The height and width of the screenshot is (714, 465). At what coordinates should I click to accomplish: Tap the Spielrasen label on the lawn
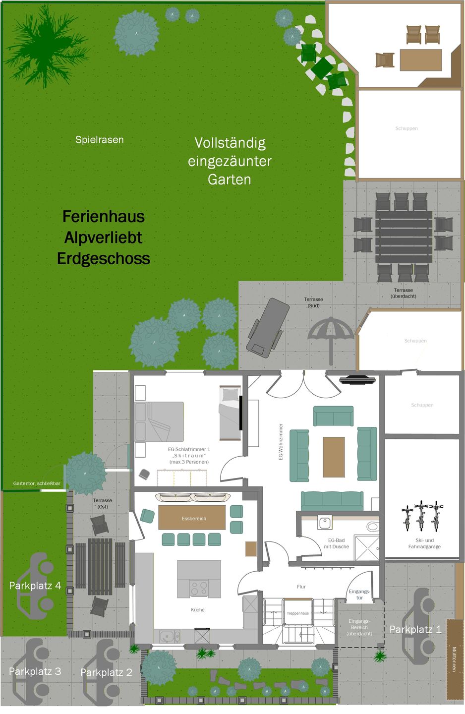[100, 140]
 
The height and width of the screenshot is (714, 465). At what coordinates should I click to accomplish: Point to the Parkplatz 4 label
[35, 586]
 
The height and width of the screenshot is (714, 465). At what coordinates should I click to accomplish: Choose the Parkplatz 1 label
[415, 629]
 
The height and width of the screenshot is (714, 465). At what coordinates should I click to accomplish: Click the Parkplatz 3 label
[35, 671]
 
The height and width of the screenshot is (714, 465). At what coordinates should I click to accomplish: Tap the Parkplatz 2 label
[106, 672]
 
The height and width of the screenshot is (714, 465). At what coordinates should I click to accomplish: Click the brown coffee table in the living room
[334, 457]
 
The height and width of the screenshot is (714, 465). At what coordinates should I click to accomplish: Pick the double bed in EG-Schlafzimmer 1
[160, 421]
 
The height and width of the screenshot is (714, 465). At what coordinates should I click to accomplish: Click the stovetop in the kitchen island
[199, 589]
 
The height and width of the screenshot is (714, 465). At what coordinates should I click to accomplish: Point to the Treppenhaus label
[297, 613]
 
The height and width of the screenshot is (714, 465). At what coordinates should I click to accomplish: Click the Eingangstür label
[359, 595]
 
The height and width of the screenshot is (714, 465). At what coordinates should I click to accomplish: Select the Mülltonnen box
[455, 659]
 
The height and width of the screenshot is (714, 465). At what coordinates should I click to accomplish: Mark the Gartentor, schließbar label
[37, 483]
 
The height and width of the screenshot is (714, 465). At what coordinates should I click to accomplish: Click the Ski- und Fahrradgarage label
[424, 543]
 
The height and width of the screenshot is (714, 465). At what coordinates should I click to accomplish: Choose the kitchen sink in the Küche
[170, 635]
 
